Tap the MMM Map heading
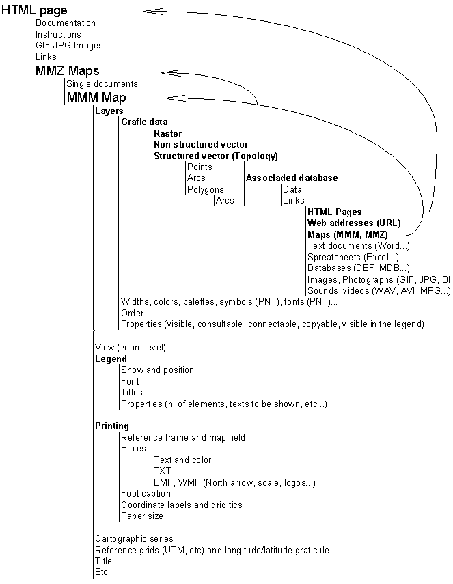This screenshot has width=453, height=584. [96, 97]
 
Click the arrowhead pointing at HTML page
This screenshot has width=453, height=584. [154, 10]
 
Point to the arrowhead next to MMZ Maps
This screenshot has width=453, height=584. [171, 72]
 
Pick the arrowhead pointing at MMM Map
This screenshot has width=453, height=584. [176, 98]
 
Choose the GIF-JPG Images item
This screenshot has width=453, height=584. [69, 46]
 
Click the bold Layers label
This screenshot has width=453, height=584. [109, 111]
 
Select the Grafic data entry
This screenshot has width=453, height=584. [144, 122]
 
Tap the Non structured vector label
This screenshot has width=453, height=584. [200, 145]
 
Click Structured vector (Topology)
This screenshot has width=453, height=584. [215, 156]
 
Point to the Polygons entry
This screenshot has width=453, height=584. [205, 190]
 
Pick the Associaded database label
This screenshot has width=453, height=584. [291, 178]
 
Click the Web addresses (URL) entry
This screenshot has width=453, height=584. [353, 223]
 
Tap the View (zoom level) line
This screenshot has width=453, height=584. [130, 348]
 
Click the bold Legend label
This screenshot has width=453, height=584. [111, 359]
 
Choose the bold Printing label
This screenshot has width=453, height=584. [111, 426]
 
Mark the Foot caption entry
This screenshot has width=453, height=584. [146, 494]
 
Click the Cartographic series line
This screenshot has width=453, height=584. [134, 539]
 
